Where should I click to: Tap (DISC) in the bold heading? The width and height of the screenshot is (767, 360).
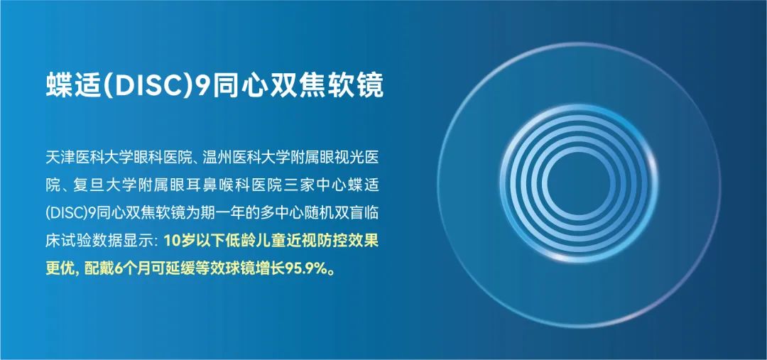147,87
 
